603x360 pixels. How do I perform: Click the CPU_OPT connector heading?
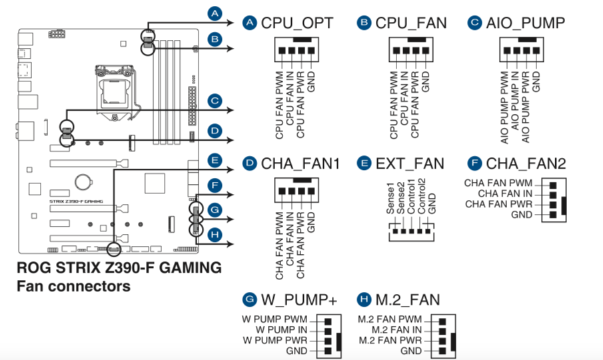tap(297, 23)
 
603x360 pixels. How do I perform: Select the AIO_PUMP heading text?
tap(526, 23)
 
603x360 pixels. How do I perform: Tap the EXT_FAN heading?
tap(410, 164)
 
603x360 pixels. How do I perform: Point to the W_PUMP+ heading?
tap(299, 300)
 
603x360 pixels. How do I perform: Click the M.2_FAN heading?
tap(408, 300)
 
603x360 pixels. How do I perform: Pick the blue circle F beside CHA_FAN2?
tap(474, 163)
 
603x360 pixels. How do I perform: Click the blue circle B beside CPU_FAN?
tap(364, 23)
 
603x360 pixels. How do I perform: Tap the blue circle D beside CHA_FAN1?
tap(249, 163)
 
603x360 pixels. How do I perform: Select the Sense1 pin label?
tap(390, 199)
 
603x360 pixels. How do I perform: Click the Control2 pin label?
tap(422, 196)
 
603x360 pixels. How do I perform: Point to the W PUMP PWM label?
tap(275, 319)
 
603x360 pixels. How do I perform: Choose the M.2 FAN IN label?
tap(396, 330)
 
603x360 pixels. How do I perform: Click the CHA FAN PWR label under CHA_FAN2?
tap(499, 204)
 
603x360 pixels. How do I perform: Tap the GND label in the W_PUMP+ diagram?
tap(297, 351)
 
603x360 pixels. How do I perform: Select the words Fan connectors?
tap(73, 287)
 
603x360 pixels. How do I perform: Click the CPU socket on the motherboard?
tap(114, 91)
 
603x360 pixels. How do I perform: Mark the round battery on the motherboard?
tap(83, 182)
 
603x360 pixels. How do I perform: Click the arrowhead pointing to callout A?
tap(230, 23)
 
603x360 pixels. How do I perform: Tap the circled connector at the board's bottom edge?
tap(114, 249)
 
